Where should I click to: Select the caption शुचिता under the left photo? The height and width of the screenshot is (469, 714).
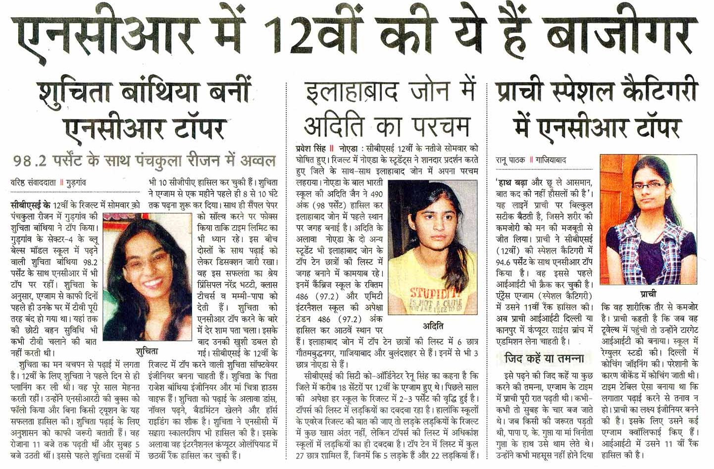point(147,351)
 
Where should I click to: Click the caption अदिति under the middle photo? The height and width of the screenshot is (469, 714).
point(433,325)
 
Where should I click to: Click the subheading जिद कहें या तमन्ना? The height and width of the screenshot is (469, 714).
point(544,358)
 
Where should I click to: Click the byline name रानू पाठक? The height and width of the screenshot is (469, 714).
point(510,160)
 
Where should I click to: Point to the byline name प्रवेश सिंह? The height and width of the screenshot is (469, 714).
point(310,148)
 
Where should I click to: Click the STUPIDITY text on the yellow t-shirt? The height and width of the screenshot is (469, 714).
point(432,293)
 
